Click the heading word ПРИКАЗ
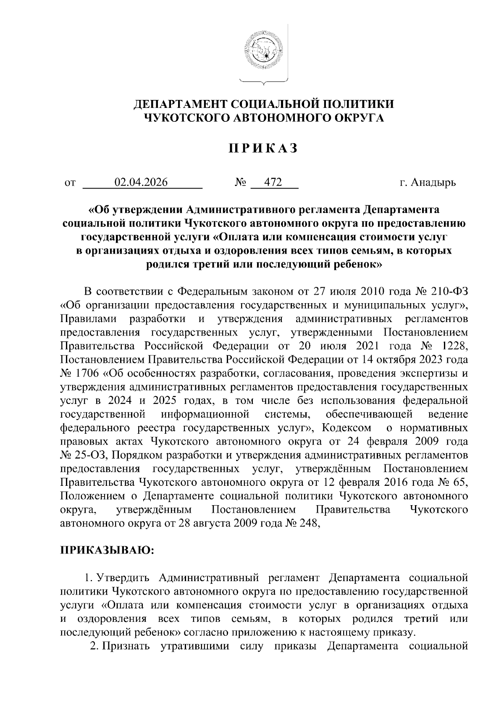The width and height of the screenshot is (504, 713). pos(263,149)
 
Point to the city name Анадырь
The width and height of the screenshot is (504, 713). pos(433,183)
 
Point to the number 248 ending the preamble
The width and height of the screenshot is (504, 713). pos(310,523)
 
